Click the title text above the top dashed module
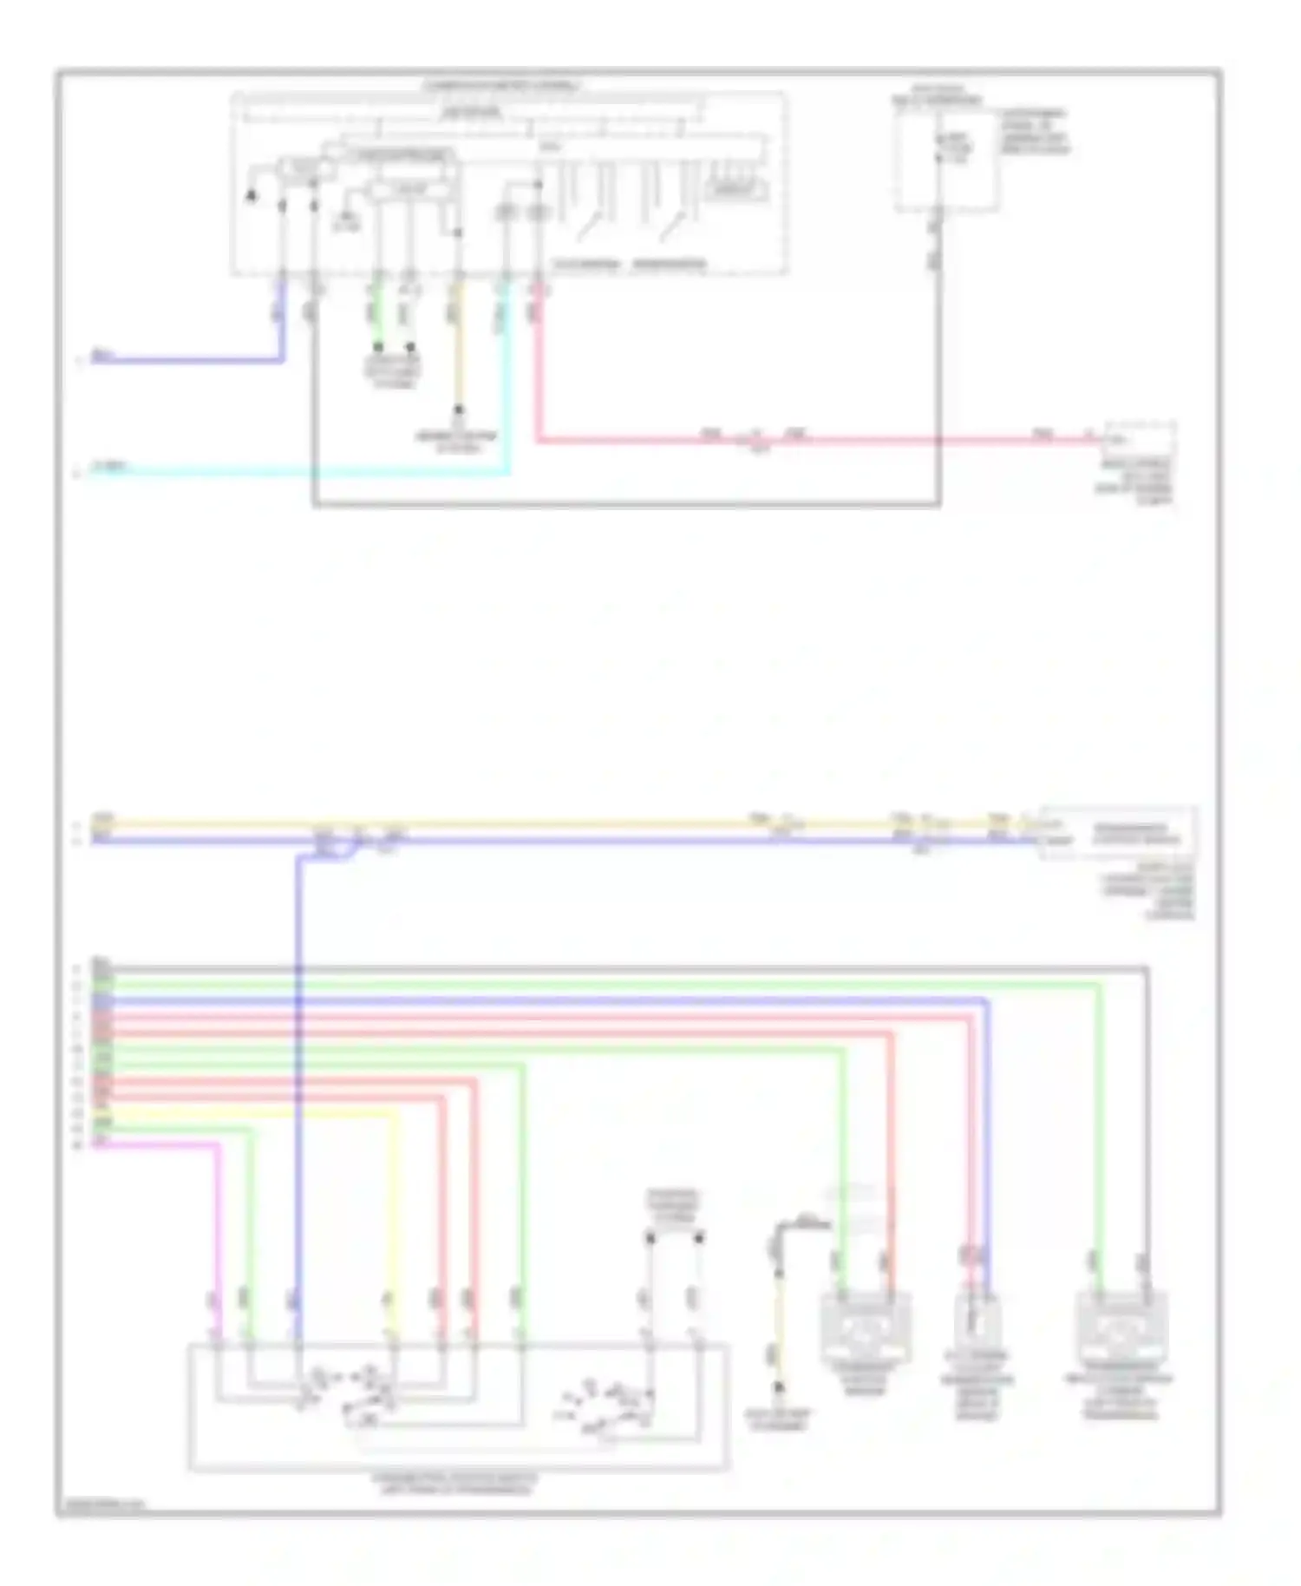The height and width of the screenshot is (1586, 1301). (503, 86)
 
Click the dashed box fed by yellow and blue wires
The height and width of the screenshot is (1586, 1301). (1119, 833)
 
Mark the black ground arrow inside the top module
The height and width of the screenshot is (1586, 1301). (252, 195)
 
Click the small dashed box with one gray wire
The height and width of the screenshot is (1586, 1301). (945, 161)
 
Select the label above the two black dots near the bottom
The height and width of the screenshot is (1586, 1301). (674, 1206)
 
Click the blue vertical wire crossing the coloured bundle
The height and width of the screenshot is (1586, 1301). (297, 1085)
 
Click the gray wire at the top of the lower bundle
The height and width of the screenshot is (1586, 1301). (607, 967)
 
